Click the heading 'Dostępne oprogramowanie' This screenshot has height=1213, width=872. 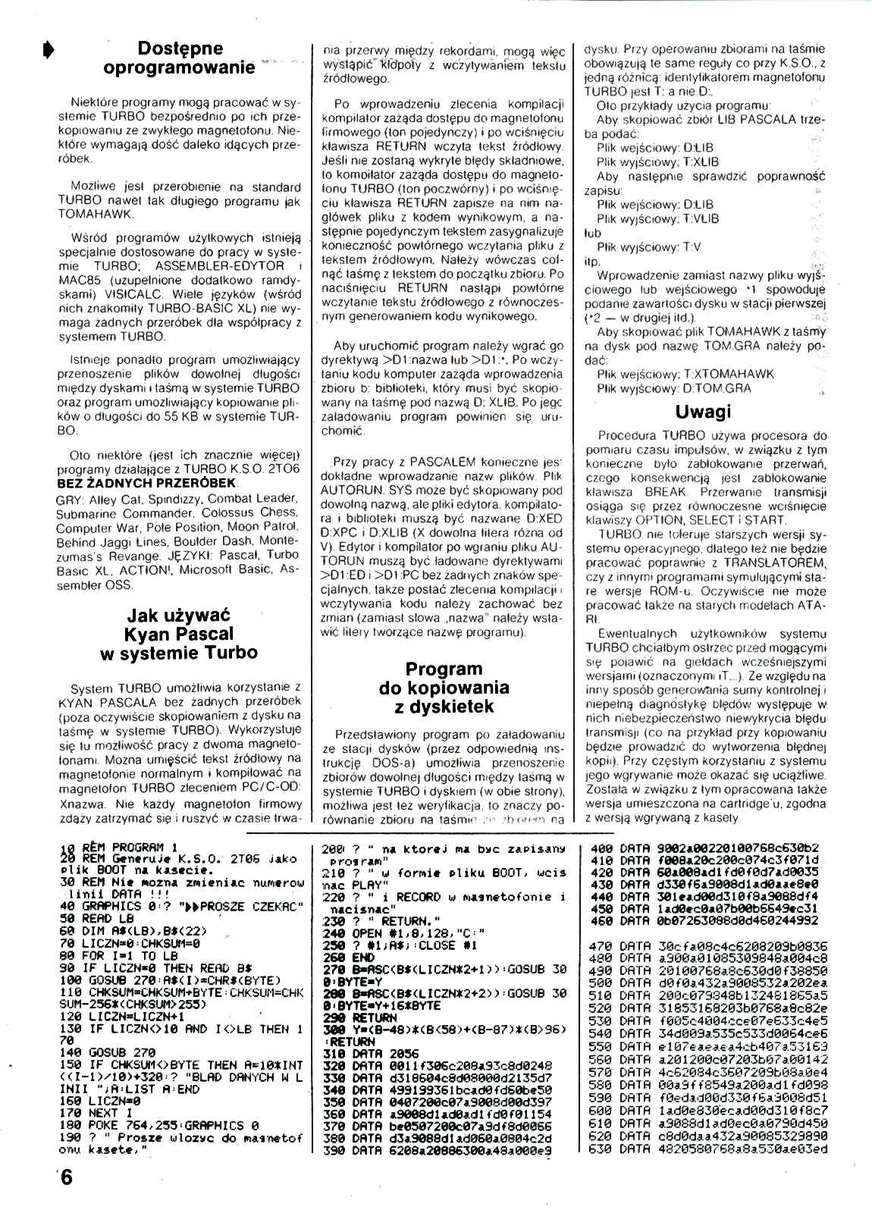pos(180,58)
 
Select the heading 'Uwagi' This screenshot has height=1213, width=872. pos(703,412)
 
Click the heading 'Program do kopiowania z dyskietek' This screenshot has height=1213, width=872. pos(443,688)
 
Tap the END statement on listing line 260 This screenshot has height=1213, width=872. pos(363,958)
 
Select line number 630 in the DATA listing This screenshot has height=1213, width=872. pos(601,1149)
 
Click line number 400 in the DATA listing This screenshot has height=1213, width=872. pos(601,848)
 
